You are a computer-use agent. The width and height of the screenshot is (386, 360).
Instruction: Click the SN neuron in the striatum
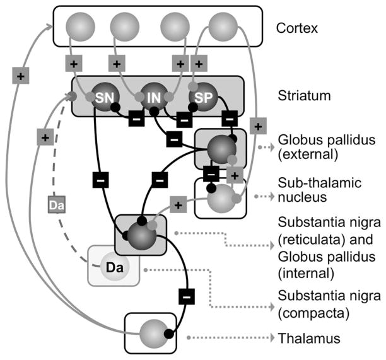[x=103, y=98]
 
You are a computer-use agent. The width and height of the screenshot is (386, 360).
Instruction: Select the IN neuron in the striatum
[x=153, y=98]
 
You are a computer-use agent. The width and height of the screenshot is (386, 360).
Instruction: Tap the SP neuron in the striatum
[x=203, y=98]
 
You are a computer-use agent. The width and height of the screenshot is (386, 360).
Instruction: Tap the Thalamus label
[x=309, y=339]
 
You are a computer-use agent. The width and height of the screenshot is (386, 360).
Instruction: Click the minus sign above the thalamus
[x=187, y=294]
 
